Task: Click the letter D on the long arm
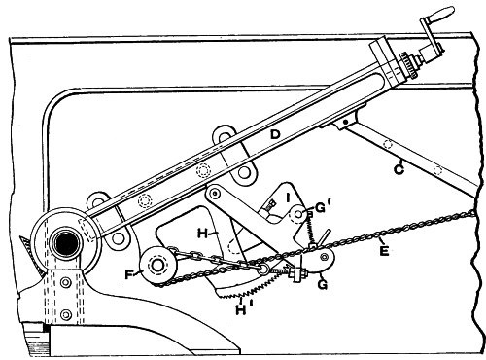pyautogui.click(x=275, y=134)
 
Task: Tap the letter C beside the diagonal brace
pyautogui.click(x=399, y=169)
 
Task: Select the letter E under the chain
pyautogui.click(x=384, y=251)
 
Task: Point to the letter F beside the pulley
pyautogui.click(x=129, y=275)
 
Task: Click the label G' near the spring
pyautogui.click(x=320, y=208)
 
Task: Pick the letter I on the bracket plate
pyautogui.click(x=289, y=198)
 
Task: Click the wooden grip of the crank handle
pyautogui.click(x=443, y=14)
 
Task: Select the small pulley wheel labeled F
pyautogui.click(x=158, y=266)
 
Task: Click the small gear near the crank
pyautogui.click(x=407, y=65)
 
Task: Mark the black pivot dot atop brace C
pyautogui.click(x=346, y=122)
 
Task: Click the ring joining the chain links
pyautogui.click(x=262, y=269)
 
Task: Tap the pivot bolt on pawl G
pyautogui.click(x=324, y=257)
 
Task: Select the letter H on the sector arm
pyautogui.click(x=203, y=234)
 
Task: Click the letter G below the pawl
pyautogui.click(x=323, y=284)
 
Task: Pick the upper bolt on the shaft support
pyautogui.click(x=66, y=283)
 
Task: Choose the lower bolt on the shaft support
pyautogui.click(x=66, y=314)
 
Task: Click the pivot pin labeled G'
pyautogui.click(x=297, y=214)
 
